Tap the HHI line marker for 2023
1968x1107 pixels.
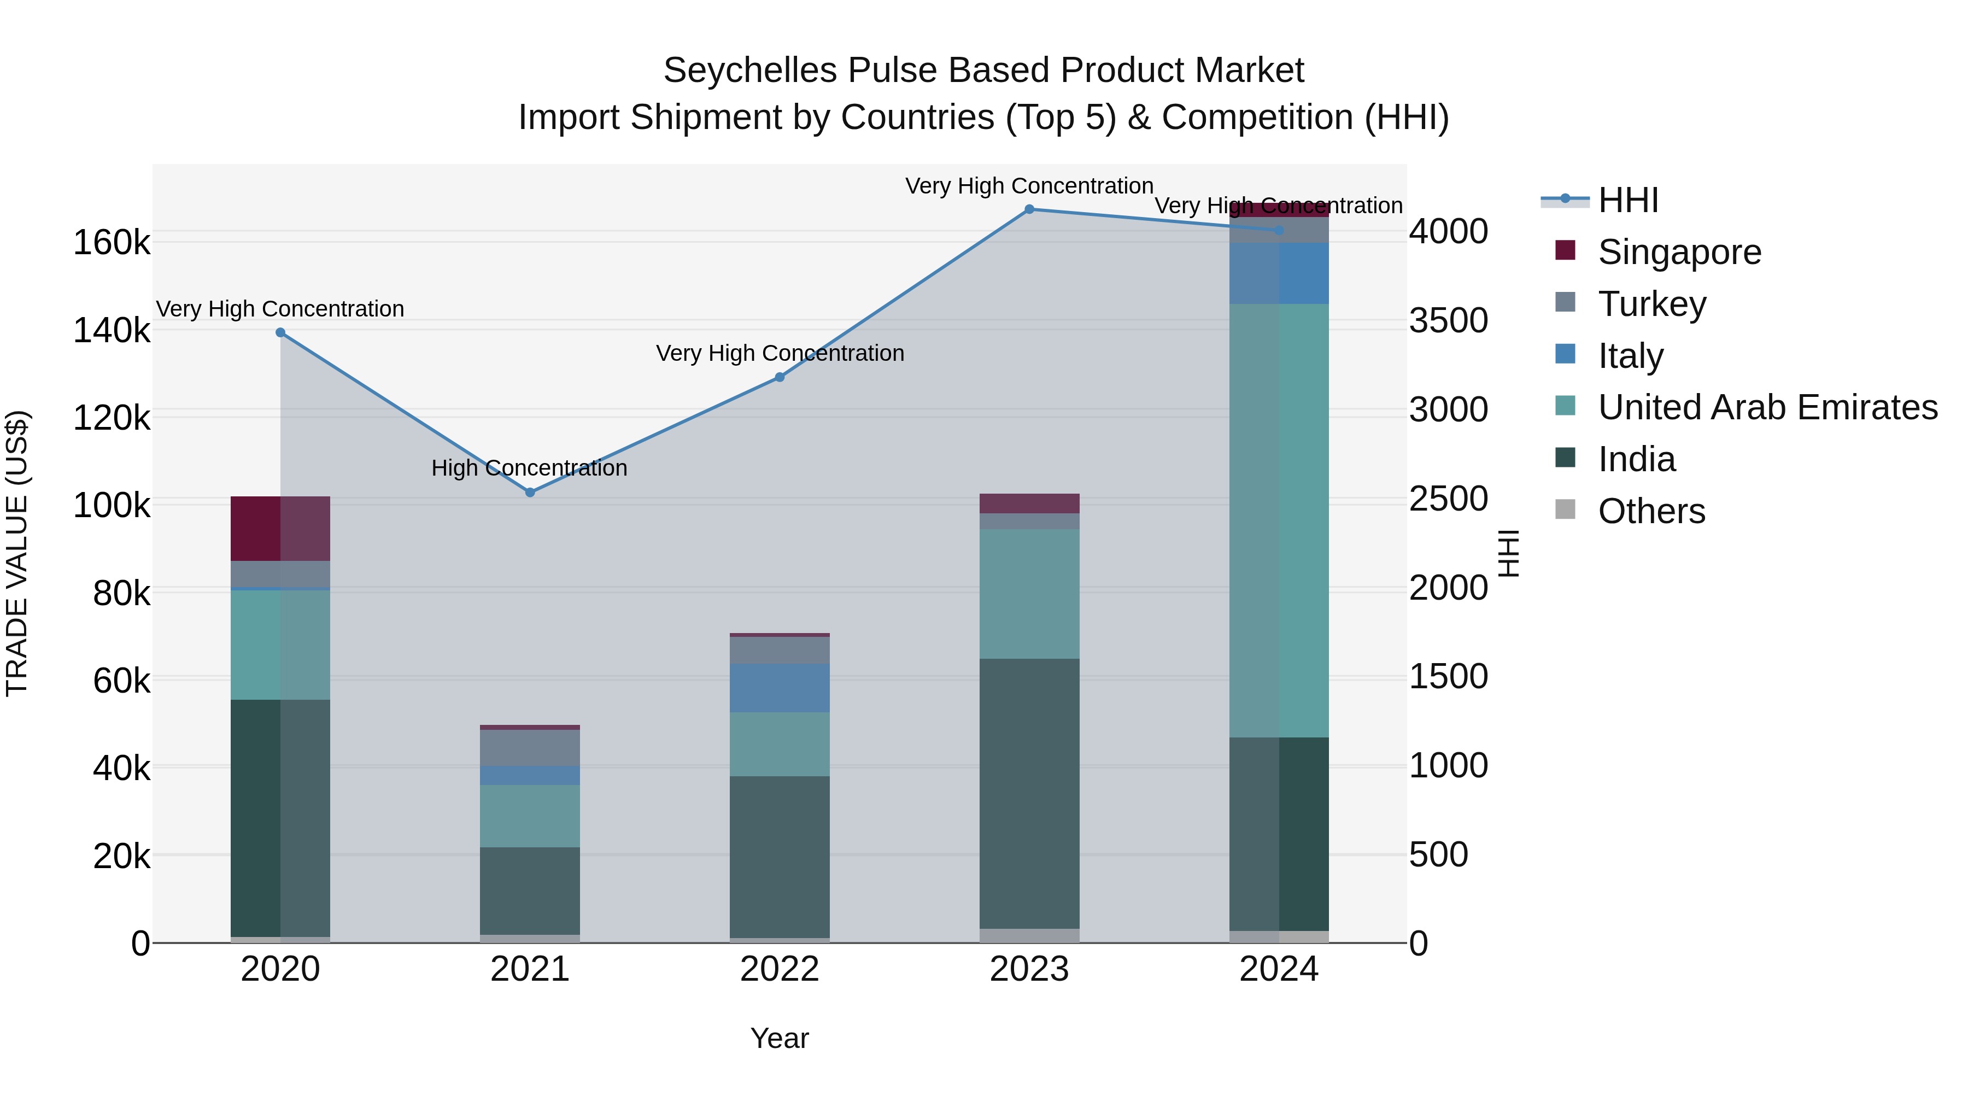coord(1029,209)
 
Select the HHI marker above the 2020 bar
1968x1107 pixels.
coord(280,332)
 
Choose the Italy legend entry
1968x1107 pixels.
coord(1630,356)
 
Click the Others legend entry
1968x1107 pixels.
coord(1650,511)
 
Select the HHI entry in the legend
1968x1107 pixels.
coord(1627,200)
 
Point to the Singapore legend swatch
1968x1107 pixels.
coord(1565,250)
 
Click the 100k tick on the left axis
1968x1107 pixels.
coord(112,506)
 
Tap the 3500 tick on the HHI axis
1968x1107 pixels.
coord(1448,321)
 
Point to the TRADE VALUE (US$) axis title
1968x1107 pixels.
coord(17,553)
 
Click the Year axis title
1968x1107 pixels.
coord(779,1038)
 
